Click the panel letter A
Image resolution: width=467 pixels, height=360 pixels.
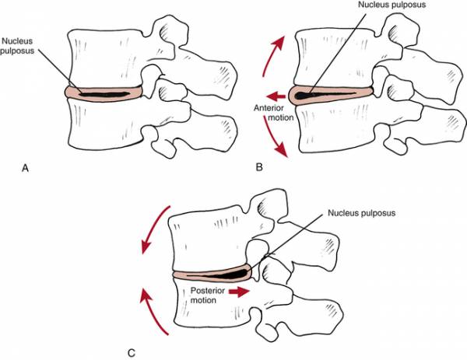pyautogui.click(x=26, y=168)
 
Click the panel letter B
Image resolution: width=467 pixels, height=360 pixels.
pyautogui.click(x=259, y=167)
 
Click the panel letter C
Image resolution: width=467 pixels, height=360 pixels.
pyautogui.click(x=132, y=353)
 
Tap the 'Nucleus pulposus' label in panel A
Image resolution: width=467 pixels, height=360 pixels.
pyautogui.click(x=17, y=46)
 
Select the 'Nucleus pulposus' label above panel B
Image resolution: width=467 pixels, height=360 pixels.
pyautogui.click(x=392, y=5)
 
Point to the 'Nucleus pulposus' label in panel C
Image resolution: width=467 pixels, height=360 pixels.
pyautogui.click(x=362, y=213)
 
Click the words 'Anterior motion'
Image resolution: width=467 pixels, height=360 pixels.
pyautogui.click(x=273, y=113)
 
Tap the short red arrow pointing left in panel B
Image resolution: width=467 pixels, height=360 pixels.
pyautogui.click(x=276, y=96)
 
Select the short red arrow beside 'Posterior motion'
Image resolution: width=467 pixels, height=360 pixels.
pyautogui.click(x=239, y=292)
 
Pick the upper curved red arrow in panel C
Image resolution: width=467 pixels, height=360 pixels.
pyautogui.click(x=153, y=228)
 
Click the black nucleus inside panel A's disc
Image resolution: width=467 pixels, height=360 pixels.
pyautogui.click(x=104, y=95)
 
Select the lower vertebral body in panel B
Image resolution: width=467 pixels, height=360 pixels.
pyautogui.click(x=336, y=128)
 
